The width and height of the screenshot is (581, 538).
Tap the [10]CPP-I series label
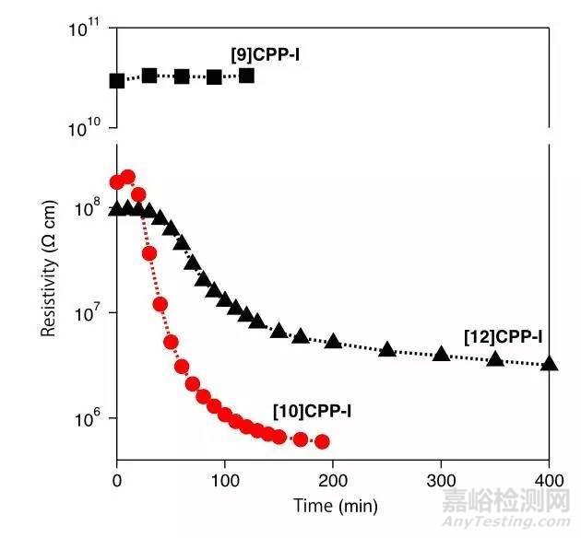pos(313,409)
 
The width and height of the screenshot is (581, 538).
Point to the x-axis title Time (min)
pos(335,506)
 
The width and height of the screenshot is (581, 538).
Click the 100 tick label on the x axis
pos(225,479)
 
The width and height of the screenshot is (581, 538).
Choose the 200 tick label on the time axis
pos(333,479)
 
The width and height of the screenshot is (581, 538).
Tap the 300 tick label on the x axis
pos(441,479)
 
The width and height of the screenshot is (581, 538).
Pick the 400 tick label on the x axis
pos(549,479)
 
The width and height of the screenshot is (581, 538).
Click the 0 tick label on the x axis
pos(117,479)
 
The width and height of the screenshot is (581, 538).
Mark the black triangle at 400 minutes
pos(550,363)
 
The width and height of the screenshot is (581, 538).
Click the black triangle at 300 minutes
pos(442,354)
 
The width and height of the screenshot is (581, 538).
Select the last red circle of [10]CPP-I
pos(322,442)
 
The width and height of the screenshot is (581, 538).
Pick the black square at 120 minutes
pos(246,76)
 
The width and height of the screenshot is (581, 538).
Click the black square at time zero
pos(117,81)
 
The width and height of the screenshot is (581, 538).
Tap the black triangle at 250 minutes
pos(387,349)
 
